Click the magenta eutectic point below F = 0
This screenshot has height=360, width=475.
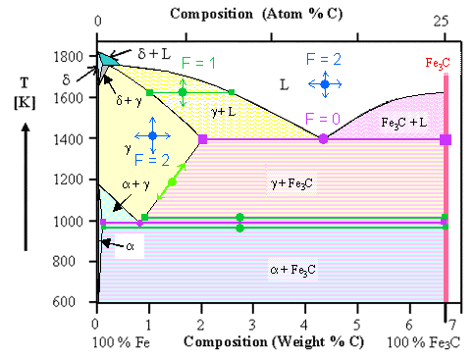(x=324, y=139)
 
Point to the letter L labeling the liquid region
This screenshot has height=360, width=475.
(x=284, y=85)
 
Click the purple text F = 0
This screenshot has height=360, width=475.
(x=324, y=119)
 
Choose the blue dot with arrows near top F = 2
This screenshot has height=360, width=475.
(x=325, y=85)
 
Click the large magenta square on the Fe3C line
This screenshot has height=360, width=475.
(x=447, y=139)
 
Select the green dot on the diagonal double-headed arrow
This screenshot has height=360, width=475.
(x=173, y=182)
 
